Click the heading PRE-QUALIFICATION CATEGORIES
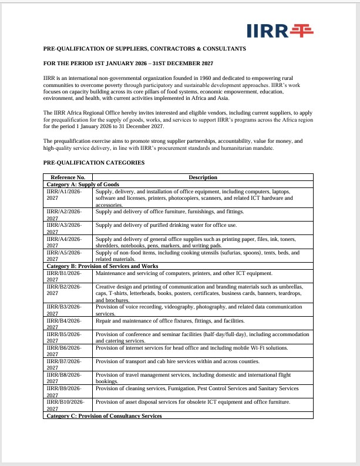click(x=94, y=162)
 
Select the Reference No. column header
click(x=68, y=177)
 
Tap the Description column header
click(x=203, y=177)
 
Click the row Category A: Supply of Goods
click(x=83, y=185)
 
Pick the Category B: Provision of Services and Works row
click(x=100, y=266)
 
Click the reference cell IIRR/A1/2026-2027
click(x=64, y=195)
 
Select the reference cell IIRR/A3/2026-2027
click(x=64, y=229)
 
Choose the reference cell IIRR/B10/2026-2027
click(x=65, y=405)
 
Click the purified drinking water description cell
click(x=166, y=225)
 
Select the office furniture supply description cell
click(x=169, y=212)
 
